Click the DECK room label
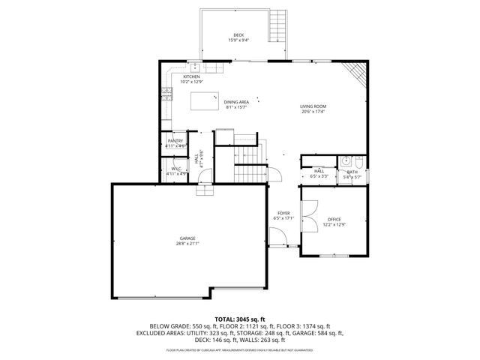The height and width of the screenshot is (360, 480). click(238, 35)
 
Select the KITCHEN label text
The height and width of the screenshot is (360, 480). click(190, 76)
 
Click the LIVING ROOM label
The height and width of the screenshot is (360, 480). click(313, 106)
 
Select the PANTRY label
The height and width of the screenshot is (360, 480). click(175, 141)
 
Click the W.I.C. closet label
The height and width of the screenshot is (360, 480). click(175, 169)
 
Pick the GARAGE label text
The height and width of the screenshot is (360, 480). click(187, 238)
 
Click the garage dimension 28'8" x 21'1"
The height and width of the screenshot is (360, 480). click(187, 244)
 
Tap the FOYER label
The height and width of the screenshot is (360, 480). click(283, 213)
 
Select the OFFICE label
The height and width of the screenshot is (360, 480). click(334, 219)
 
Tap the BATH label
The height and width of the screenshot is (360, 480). click(352, 172)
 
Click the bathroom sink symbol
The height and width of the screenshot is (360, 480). click(346, 161)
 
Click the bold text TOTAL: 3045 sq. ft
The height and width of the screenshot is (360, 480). click(239, 319)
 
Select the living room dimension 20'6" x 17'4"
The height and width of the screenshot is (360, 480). click(313, 112)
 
